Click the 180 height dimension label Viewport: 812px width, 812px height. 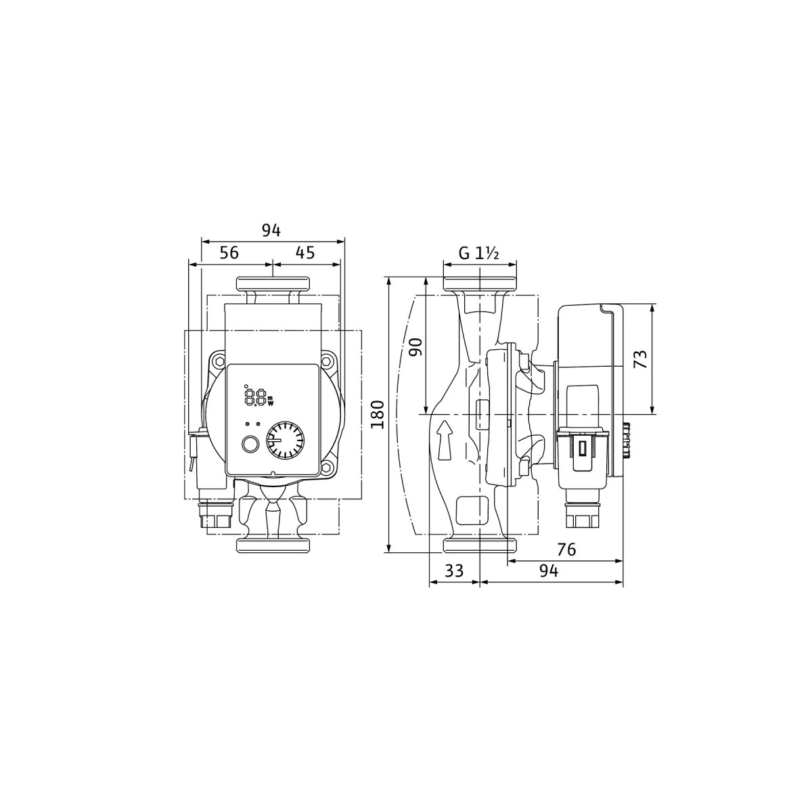click(x=378, y=414)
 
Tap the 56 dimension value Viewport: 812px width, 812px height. click(x=229, y=252)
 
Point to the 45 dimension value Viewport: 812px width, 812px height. click(x=305, y=252)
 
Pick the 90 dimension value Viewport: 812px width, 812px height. click(x=416, y=347)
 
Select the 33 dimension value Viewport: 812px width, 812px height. click(x=454, y=570)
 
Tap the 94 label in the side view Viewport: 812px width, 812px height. click(x=549, y=571)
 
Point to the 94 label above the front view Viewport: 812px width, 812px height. click(x=271, y=231)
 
